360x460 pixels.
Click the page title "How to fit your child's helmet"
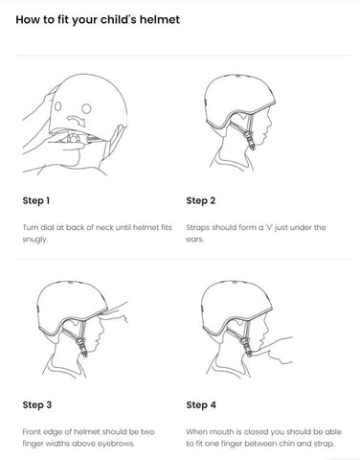pyautogui.click(x=98, y=20)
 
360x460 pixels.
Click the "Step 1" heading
pyautogui.click(x=36, y=200)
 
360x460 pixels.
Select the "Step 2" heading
pyautogui.click(x=201, y=200)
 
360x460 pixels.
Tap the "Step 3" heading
pyautogui.click(x=37, y=404)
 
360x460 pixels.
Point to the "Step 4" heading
pyautogui.click(x=201, y=404)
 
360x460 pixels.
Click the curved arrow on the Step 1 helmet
pyautogui.click(x=76, y=120)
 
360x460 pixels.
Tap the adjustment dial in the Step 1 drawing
pyautogui.click(x=74, y=139)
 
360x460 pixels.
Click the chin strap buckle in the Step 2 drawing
pyautogui.click(x=251, y=141)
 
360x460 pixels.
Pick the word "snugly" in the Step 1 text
pyautogui.click(x=34, y=240)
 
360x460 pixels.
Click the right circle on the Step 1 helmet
pyautogui.click(x=86, y=108)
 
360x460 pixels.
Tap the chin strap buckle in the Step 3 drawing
pyautogui.click(x=83, y=346)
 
